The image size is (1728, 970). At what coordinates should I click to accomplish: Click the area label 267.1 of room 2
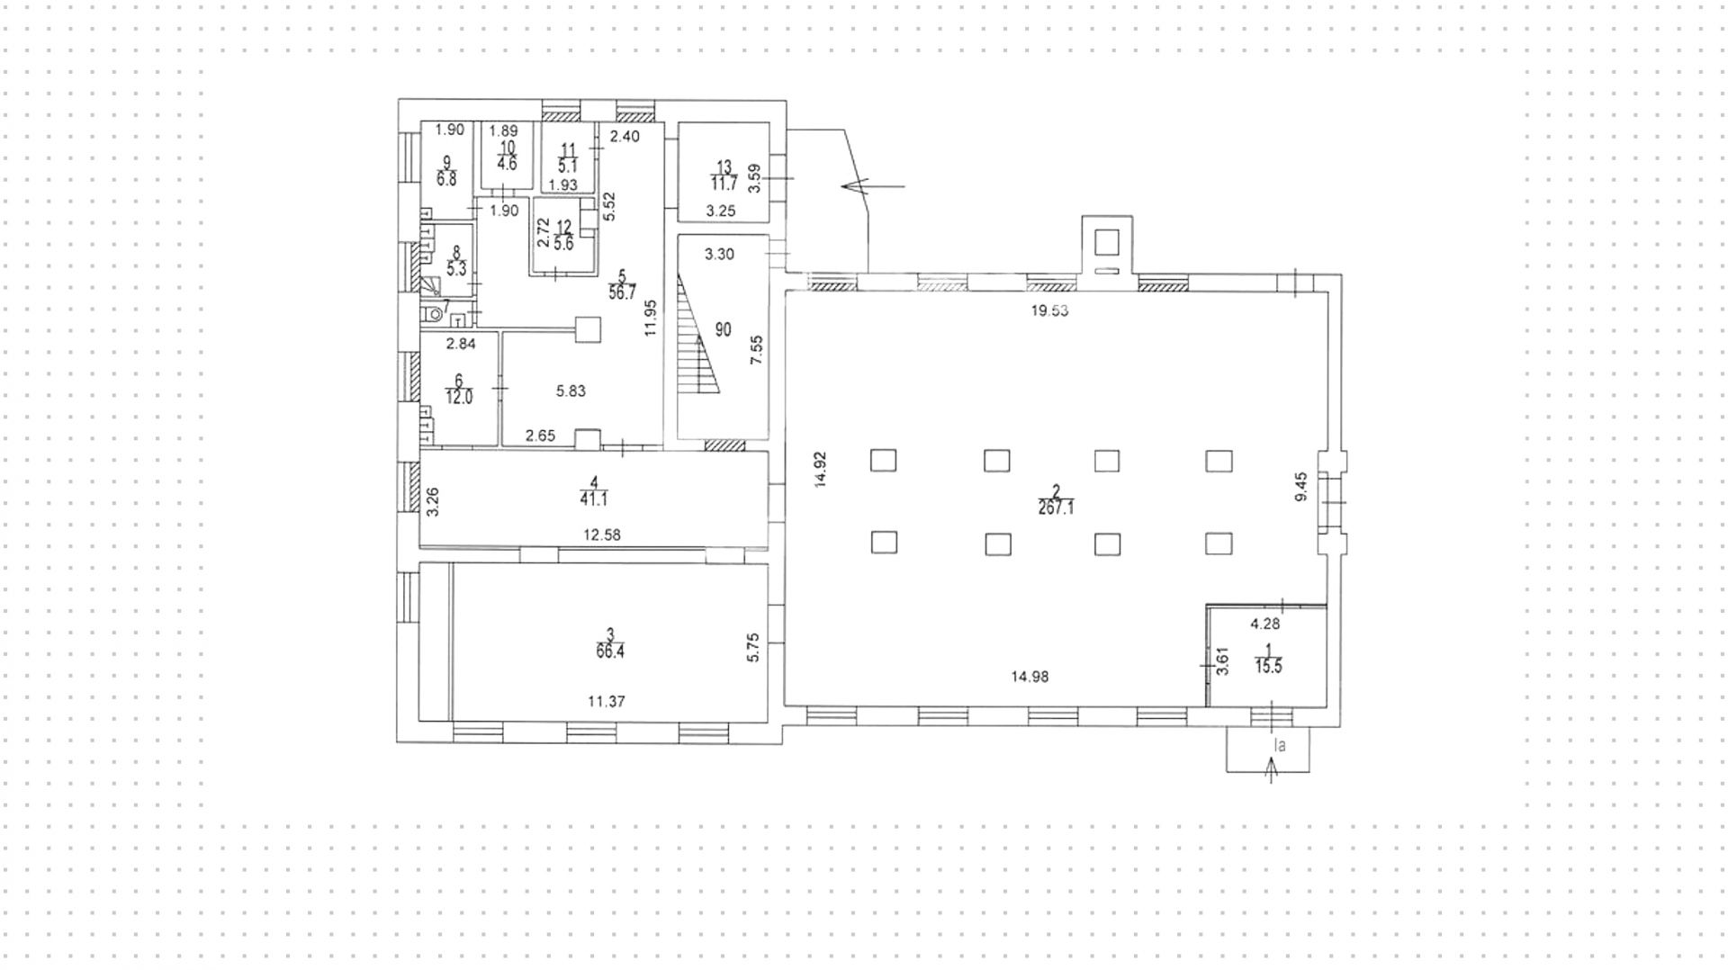pos(1057,508)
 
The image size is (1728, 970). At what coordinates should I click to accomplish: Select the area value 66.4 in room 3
pos(609,652)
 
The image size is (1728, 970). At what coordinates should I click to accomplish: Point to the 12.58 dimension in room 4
pos(601,534)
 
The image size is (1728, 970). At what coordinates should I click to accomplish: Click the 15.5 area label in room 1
pos(1268,667)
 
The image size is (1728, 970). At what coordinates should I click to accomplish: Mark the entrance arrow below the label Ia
pos(1271,770)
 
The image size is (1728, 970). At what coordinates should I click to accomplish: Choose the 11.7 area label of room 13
pos(724,184)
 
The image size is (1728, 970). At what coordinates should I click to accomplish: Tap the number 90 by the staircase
pos(723,330)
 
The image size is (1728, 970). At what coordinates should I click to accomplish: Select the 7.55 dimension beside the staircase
pos(757,349)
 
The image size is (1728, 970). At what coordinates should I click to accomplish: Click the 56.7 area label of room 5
pos(621,293)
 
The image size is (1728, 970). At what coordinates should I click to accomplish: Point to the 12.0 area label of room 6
pos(458,398)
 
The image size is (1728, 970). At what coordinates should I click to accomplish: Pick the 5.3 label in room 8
pos(456,269)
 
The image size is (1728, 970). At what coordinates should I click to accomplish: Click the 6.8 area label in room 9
pos(446,179)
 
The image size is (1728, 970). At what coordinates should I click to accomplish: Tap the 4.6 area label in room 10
pos(507,164)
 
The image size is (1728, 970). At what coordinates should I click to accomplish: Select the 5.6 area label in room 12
pos(563,244)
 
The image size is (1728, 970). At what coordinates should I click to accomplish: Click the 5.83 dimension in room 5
pos(571,391)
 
